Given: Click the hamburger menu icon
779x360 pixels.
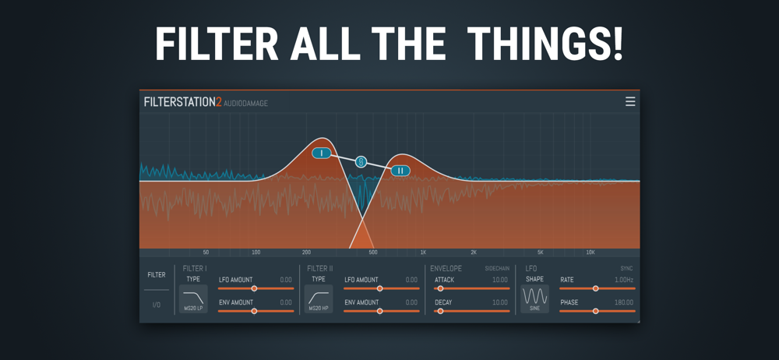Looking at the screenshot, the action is pos(630,102).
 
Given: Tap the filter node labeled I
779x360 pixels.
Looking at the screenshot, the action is pos(322,154).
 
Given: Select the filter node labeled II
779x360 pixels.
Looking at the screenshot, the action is pos(400,171).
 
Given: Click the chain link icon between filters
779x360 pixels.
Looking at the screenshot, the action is pos(361,162).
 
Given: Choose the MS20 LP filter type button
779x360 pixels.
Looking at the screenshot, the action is pos(193,299).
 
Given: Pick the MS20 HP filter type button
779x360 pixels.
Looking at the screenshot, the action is pos(319,299).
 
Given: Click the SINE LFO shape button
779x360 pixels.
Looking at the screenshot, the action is pos(535,299).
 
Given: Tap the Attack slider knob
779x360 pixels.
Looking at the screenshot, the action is pos(440,288).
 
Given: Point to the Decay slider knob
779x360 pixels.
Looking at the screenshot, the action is pos(440,311).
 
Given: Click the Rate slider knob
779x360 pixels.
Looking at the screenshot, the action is pos(596,288).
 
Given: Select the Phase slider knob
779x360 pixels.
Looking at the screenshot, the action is pos(596,311).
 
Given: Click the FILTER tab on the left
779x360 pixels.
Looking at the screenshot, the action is pos(157,275).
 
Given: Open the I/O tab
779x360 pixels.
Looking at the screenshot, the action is pos(157,305).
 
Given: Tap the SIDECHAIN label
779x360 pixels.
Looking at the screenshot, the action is pos(497,269).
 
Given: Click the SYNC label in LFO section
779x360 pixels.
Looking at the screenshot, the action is pos(626,269).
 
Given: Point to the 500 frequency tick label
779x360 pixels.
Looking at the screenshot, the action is pos(373,252).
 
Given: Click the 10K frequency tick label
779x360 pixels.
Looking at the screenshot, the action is pos(590,252).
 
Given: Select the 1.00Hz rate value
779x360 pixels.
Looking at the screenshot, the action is pos(624,280).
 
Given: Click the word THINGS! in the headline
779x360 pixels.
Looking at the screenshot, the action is pos(545,44).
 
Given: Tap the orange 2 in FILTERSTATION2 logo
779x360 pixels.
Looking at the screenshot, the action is pos(219,102).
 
